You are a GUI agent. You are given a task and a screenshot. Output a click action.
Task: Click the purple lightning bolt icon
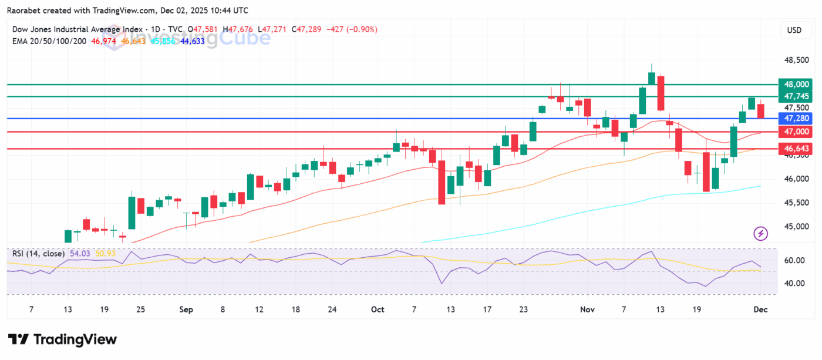(761, 234)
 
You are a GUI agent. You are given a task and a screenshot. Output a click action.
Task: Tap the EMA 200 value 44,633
(193, 41)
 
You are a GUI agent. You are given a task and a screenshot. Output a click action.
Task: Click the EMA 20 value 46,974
(103, 41)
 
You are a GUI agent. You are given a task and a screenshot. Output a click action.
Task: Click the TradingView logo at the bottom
(62, 339)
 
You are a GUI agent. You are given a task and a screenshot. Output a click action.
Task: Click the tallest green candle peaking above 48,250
(651, 78)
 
